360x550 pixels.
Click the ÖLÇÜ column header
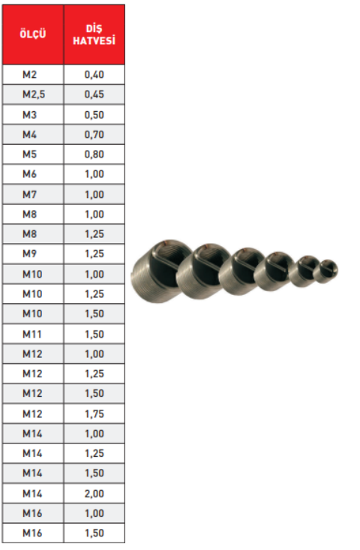32,34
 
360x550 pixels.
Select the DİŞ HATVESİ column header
94,35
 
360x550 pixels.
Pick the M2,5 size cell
34,95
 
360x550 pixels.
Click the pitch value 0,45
94,95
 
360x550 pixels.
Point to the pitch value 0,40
94,74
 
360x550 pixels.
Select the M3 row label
29,115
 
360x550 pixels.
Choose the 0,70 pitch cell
94,134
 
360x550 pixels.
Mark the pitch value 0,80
94,155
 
